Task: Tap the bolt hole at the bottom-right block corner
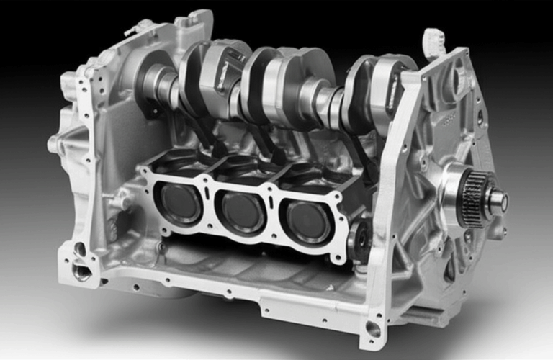click(x=372, y=330)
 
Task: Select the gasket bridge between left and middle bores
click(x=211, y=205)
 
